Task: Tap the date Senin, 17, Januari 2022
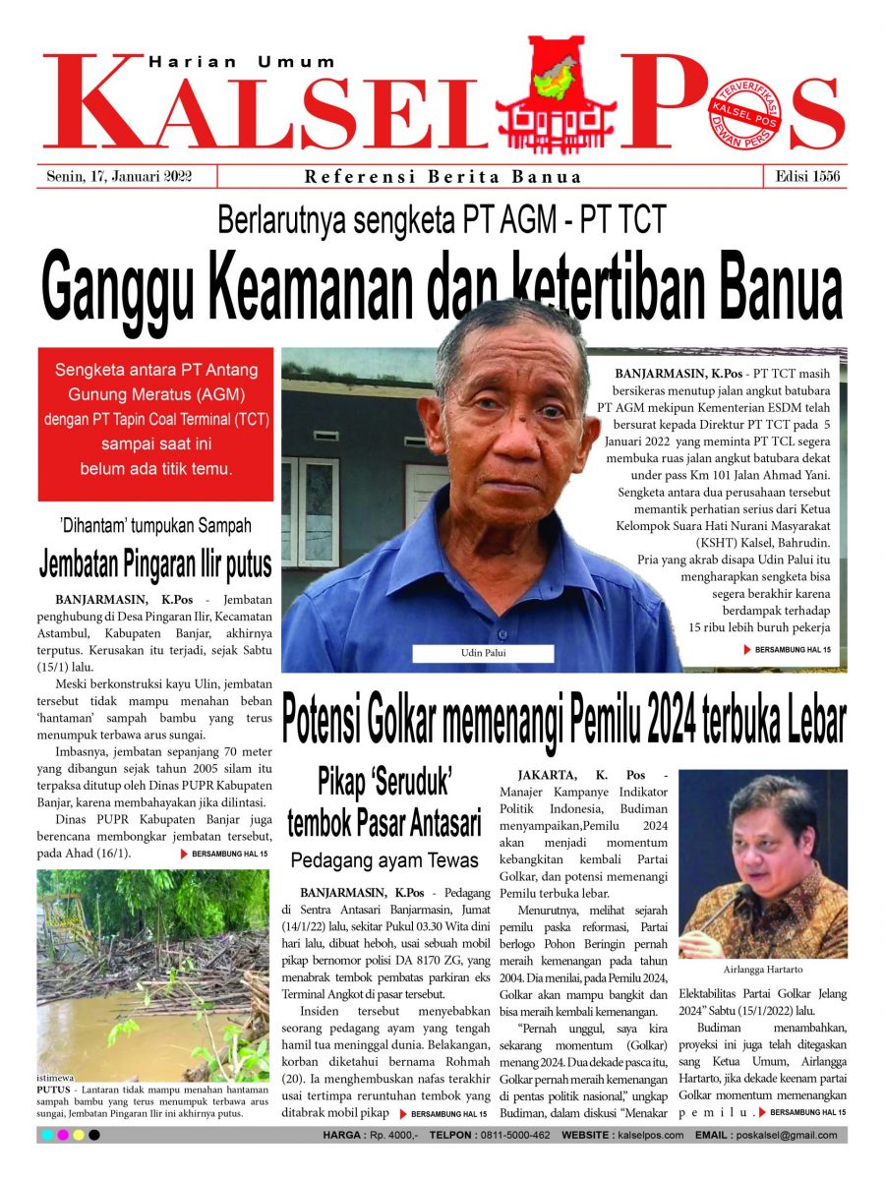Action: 119,177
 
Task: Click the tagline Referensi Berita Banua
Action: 442,177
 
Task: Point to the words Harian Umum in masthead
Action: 242,62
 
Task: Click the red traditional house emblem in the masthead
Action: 557,94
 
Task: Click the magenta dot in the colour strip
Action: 63,1135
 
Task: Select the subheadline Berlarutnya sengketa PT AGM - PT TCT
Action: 442,218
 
